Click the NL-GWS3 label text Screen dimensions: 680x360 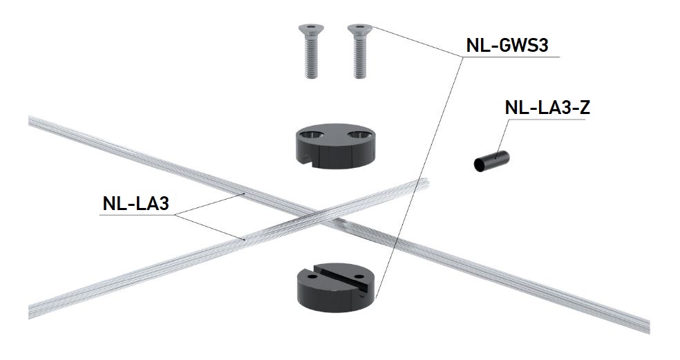[507, 46]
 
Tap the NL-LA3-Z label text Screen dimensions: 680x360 [547, 108]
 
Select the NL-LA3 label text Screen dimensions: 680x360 [135, 203]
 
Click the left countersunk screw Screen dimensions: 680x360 [311, 50]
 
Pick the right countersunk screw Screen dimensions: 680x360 [360, 50]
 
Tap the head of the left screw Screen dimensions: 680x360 [311, 29]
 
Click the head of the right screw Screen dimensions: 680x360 [360, 29]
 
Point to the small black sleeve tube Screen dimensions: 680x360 [491, 161]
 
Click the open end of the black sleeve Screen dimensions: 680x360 [479, 165]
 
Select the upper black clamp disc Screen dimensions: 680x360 [335, 147]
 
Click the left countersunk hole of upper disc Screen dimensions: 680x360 [312, 135]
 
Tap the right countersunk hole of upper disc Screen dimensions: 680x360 [359, 135]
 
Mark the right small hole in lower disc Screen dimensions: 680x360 [359, 276]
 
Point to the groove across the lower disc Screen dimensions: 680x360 [343, 278]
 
